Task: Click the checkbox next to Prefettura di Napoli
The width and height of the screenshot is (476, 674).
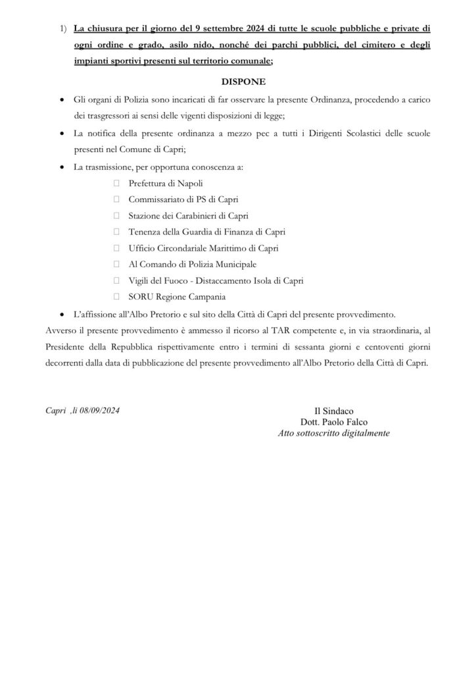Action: (x=116, y=184)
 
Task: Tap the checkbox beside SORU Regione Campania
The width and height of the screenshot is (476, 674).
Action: (x=116, y=297)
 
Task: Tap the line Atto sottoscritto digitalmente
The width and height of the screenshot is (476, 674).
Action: (x=335, y=434)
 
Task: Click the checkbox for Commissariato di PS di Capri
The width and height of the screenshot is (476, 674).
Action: (x=116, y=199)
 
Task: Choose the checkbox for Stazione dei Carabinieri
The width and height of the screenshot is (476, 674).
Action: (x=116, y=216)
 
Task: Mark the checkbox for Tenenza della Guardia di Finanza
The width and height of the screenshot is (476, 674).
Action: (x=116, y=232)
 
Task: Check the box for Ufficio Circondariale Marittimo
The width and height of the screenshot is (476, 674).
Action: (x=116, y=248)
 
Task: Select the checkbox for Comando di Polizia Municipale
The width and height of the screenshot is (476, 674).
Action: (x=116, y=265)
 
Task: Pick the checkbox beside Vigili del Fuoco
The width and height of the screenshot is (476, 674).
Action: (x=116, y=280)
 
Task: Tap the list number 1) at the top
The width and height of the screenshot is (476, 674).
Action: (x=62, y=30)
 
